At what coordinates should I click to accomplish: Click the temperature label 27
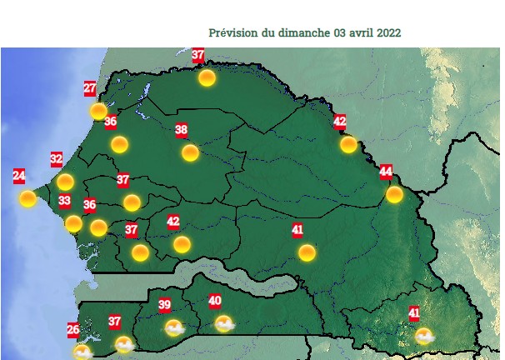coord(90,87)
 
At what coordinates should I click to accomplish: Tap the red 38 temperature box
coord(182,129)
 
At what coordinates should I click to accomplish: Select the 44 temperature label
coord(386,172)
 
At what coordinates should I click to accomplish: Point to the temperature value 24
coord(19,176)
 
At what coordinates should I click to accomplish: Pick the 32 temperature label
coord(57,158)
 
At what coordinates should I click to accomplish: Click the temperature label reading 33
coord(64,201)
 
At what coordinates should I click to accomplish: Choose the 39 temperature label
coord(165,305)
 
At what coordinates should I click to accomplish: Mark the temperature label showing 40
coord(215,301)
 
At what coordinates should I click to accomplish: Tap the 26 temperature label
coord(73,329)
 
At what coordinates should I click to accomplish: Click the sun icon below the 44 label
coord(394,194)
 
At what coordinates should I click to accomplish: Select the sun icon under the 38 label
coord(190,152)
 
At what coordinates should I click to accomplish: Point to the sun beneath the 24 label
coord(27,198)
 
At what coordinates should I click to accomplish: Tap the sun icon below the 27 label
coord(98,111)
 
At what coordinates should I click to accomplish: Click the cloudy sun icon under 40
coord(223,323)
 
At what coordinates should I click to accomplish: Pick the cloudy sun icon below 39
coord(173,327)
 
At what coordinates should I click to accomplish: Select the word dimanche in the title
coord(304,32)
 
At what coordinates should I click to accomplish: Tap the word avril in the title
coord(362,32)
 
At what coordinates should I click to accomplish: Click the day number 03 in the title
coord(339,32)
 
